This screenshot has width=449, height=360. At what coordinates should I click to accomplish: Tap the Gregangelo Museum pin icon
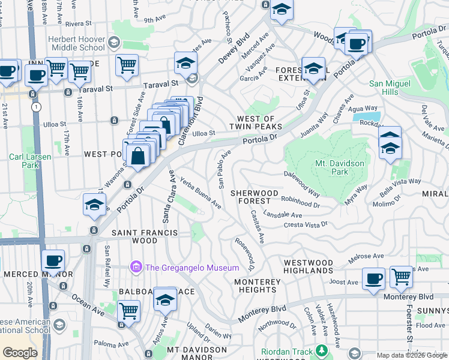[x=136, y=266]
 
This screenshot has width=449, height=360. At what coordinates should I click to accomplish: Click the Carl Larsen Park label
[x=30, y=161]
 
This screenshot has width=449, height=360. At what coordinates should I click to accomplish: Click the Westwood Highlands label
[x=308, y=267]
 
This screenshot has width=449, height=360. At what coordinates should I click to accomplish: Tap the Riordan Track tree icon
[x=322, y=351]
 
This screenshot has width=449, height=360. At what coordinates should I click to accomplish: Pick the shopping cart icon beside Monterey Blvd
[x=401, y=277]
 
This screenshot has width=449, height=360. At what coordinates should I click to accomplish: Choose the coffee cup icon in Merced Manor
[x=53, y=260]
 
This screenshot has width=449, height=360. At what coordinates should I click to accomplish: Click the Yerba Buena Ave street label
[x=200, y=196]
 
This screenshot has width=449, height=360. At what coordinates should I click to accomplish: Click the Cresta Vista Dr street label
[x=306, y=224]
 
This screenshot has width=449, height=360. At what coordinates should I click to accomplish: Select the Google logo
[x=20, y=353]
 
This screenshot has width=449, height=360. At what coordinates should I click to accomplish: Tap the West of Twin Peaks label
[x=259, y=123]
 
